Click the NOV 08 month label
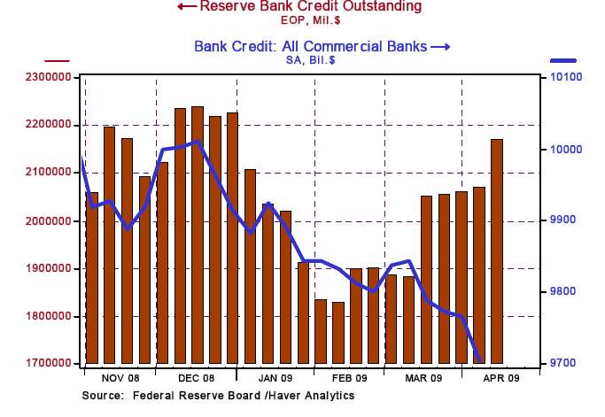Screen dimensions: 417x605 tap(120, 376)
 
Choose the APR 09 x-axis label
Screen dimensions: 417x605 tap(501, 376)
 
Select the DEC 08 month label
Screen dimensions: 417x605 tap(196, 376)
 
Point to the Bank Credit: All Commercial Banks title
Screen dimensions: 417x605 tap(310, 46)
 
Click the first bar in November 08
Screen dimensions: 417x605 tap(91, 277)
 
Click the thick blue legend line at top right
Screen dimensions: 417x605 tap(563, 60)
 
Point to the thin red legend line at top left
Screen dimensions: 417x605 tap(57, 60)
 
